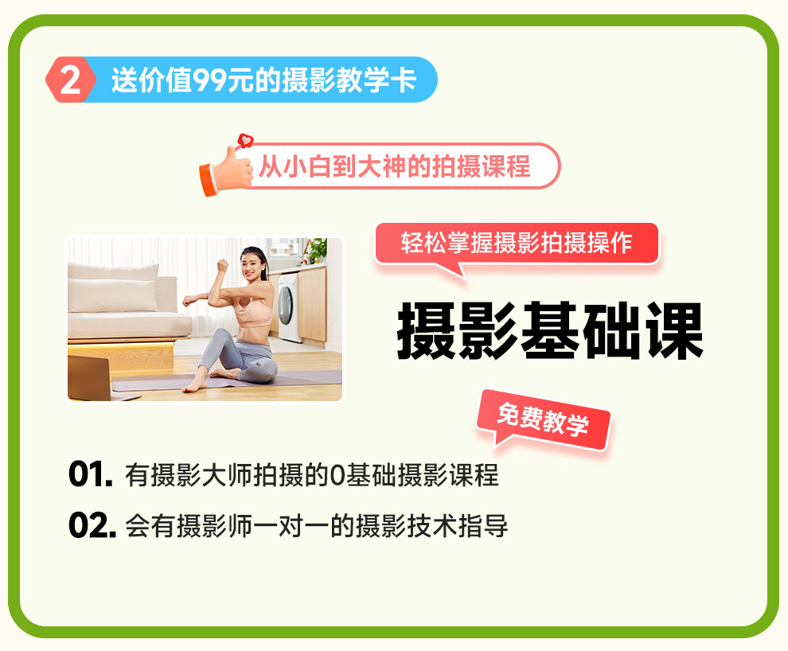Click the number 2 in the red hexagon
click(x=70, y=80)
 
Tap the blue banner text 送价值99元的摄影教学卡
click(x=263, y=80)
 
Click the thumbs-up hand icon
click(x=226, y=170)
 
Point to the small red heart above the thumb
click(x=245, y=141)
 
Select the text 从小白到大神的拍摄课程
click(x=395, y=166)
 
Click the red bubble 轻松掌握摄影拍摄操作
click(x=517, y=243)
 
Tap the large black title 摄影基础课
click(x=550, y=331)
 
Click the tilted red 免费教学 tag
click(x=544, y=420)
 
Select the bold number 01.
click(x=91, y=474)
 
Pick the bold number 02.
click(x=92, y=525)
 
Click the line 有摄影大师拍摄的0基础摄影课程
click(x=311, y=474)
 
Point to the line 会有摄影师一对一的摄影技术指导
click(x=316, y=526)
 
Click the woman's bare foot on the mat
click(x=196, y=384)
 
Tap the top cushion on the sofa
click(x=113, y=273)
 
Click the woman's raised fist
click(x=223, y=265)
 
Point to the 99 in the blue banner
click(x=209, y=80)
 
